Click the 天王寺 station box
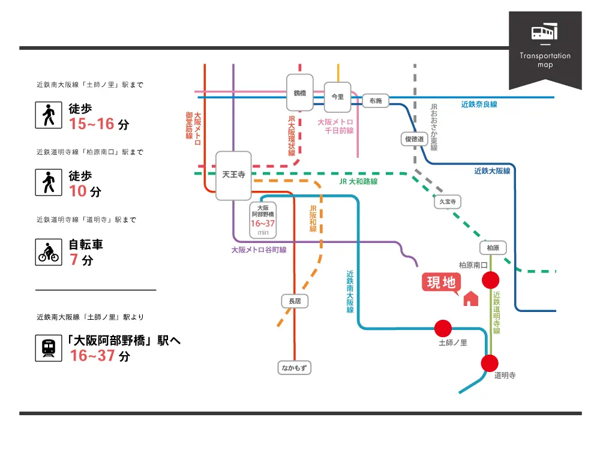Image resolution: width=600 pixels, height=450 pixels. point(234,175)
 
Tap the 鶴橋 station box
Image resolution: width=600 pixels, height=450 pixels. point(300,93)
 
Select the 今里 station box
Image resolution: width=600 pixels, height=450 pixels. point(338,97)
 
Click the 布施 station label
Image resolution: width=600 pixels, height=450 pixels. point(376,101)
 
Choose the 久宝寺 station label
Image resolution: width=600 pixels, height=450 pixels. point(448,202)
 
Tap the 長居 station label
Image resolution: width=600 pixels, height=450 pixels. point(295,301)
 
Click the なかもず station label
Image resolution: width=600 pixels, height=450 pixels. point(295,368)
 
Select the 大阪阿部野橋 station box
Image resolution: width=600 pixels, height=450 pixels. point(262,218)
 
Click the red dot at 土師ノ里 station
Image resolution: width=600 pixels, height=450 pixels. point(443,328)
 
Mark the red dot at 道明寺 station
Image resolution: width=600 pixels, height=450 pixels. point(490,363)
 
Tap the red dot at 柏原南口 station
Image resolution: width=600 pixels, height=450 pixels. point(491,280)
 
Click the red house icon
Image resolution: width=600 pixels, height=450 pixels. point(470,298)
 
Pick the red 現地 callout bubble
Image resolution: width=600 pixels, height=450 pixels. point(442,282)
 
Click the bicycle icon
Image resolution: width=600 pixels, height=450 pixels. point(48,252)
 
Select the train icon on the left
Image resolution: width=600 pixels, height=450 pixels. point(48,348)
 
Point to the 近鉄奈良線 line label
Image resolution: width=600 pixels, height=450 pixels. point(479,104)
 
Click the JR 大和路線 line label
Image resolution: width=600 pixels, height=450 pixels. point(358,181)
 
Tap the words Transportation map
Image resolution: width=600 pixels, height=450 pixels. point(545,60)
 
